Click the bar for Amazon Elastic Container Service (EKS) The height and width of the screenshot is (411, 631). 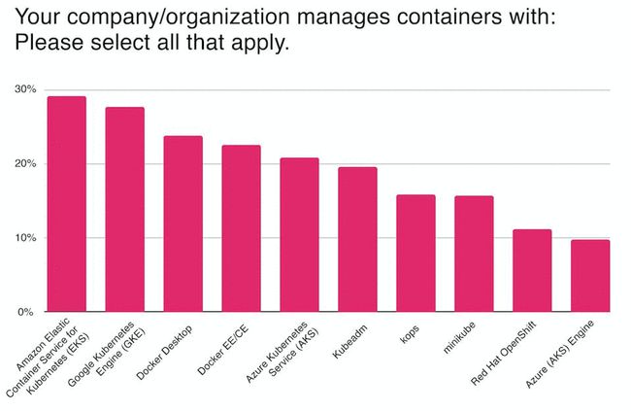click(x=66, y=204)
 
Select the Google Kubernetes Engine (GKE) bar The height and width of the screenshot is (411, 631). click(x=124, y=210)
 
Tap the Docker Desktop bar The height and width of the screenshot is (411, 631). click(x=183, y=224)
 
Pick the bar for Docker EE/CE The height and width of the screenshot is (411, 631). click(x=241, y=229)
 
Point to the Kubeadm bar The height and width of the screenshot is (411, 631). click(x=357, y=240)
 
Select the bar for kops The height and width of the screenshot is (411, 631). click(x=415, y=254)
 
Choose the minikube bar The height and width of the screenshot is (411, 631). click(x=474, y=255)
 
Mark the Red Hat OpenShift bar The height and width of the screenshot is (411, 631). click(x=532, y=271)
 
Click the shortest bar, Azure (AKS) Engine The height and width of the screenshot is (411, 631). click(x=590, y=276)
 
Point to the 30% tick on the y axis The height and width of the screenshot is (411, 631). click(x=25, y=89)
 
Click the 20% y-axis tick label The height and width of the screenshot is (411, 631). click(x=25, y=164)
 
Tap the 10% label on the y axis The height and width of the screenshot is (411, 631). click(x=25, y=238)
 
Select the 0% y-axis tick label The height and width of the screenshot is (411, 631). click(x=28, y=312)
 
